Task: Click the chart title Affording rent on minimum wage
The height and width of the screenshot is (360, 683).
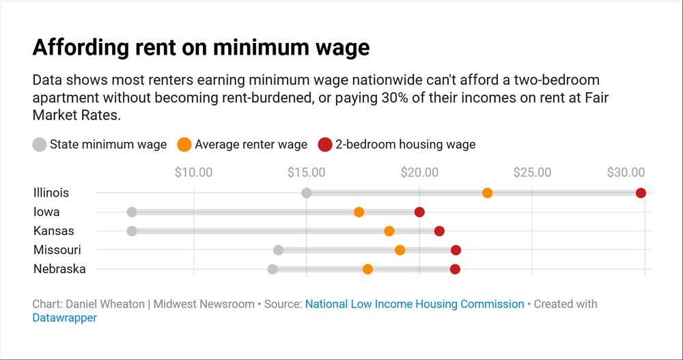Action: click(x=201, y=48)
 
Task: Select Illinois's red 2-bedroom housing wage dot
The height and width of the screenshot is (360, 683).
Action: click(x=641, y=193)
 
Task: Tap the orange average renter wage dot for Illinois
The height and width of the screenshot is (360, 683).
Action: click(x=487, y=193)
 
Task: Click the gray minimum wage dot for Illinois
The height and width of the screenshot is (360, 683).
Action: click(x=307, y=193)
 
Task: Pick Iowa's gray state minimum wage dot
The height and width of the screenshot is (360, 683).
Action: click(x=132, y=212)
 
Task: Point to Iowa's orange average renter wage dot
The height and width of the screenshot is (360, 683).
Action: click(x=359, y=212)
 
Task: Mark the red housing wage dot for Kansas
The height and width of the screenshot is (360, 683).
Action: click(x=439, y=231)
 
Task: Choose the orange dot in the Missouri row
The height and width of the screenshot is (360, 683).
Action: click(x=400, y=250)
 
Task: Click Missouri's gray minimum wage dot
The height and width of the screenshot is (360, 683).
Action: click(x=278, y=250)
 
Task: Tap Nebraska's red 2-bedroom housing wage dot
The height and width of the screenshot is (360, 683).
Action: click(x=455, y=269)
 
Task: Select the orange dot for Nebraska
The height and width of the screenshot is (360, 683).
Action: click(x=367, y=269)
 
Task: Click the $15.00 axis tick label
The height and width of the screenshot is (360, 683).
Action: click(x=307, y=172)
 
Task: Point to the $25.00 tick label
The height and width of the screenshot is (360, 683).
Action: click(x=532, y=172)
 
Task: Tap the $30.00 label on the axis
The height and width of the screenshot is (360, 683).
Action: click(x=626, y=172)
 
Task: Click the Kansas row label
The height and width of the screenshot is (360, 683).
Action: click(x=54, y=231)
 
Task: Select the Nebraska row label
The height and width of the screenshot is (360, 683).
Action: click(x=59, y=269)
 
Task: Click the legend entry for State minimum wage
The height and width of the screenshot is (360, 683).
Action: click(x=100, y=144)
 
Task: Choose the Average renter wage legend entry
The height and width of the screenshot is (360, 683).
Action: click(x=242, y=144)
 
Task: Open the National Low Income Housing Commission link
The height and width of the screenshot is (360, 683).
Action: click(x=415, y=304)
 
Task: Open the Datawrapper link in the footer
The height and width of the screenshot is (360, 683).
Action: click(x=64, y=318)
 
